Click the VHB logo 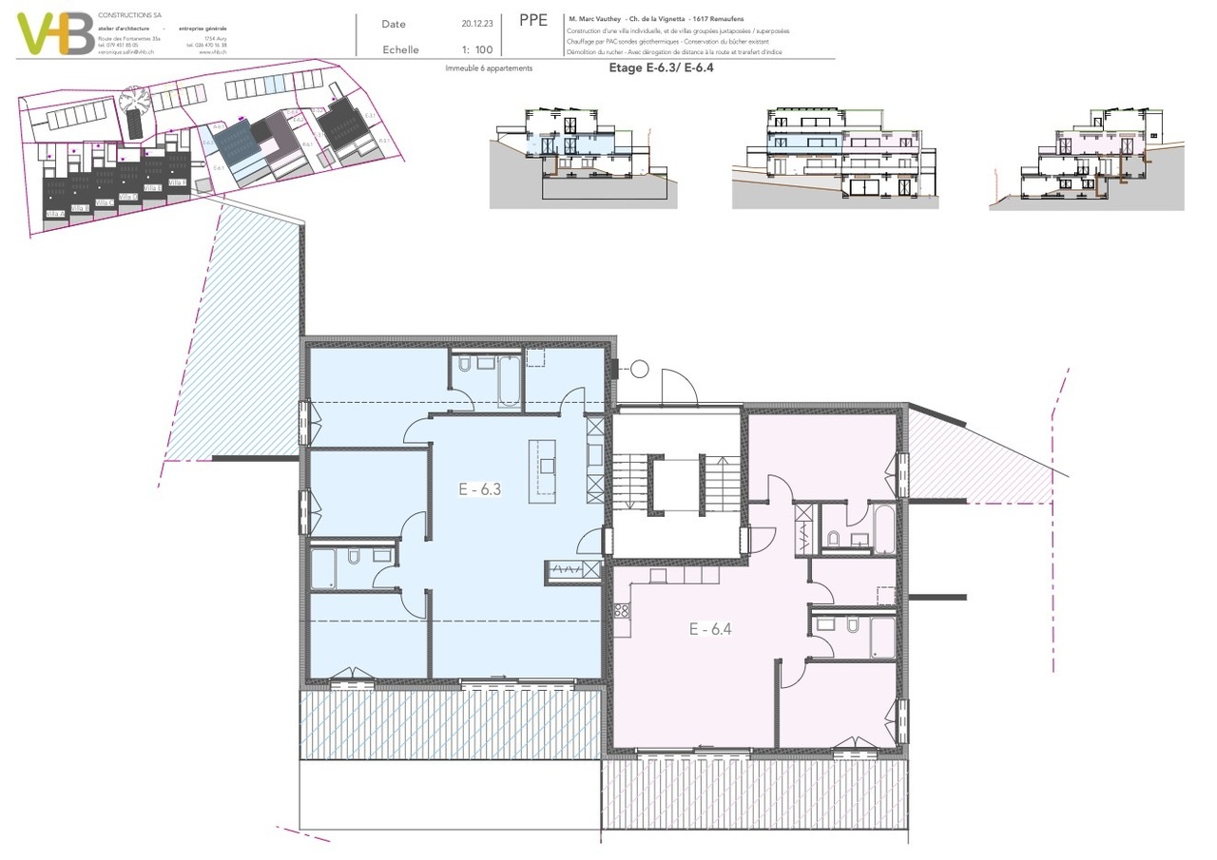55,33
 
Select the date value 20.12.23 476,24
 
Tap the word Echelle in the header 399,49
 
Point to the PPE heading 533,21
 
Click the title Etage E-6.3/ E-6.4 660,68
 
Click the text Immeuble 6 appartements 489,68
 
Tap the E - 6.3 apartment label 479,490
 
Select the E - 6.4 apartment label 709,628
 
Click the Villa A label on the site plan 55,215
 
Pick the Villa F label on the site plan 177,182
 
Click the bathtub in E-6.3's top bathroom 510,380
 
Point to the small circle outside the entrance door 639,369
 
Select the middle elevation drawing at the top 835,157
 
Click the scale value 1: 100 476,49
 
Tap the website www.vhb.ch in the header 213,51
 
